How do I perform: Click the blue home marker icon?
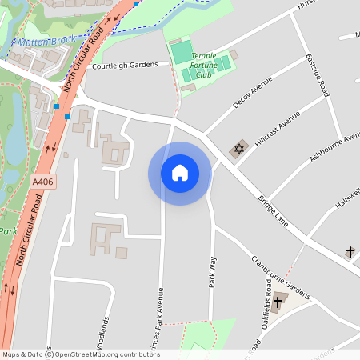179,173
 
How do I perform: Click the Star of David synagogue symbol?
238,149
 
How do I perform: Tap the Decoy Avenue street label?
253,94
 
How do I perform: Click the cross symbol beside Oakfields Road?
279,301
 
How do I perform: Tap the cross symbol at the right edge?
350,252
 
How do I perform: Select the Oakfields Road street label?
263,320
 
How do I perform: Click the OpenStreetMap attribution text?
81,354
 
